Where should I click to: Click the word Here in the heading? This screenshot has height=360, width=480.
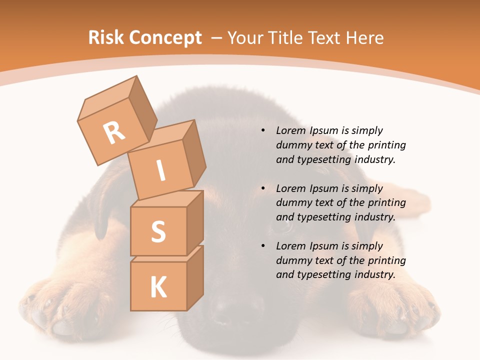pos(365,38)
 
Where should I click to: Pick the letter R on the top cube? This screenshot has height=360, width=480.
pos(114,132)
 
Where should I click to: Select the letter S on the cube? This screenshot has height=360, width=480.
pos(158,231)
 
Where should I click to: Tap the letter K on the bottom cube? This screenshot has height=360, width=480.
pos(158,287)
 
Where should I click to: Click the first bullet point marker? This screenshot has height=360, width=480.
pos(263,131)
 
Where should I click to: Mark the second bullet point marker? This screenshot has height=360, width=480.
pos(263,189)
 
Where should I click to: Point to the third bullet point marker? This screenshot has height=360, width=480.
pos(263,246)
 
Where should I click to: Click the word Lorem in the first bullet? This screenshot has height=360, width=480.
pos(289,131)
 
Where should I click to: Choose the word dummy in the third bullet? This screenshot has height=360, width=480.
pos(291,260)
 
